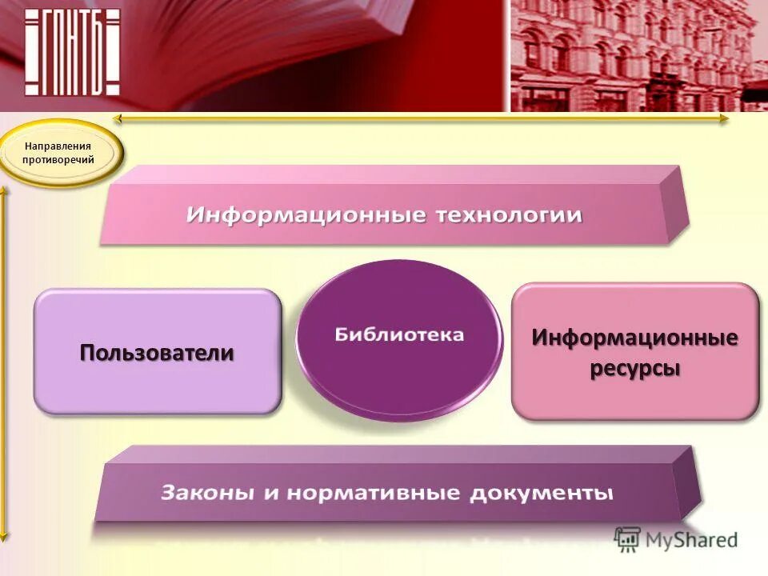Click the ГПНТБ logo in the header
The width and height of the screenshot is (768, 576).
click(x=72, y=52)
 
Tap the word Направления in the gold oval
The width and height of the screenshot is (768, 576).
click(x=58, y=146)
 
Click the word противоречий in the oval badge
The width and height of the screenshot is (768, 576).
click(x=58, y=160)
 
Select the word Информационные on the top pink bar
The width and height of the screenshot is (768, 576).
click(x=306, y=215)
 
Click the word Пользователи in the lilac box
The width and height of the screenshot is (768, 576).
click(x=157, y=352)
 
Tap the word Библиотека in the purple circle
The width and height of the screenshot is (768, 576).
click(x=399, y=334)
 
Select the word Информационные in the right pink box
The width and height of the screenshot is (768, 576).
click(x=635, y=338)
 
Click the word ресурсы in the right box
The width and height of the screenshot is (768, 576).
click(x=635, y=369)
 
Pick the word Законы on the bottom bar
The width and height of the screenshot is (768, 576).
click(x=207, y=491)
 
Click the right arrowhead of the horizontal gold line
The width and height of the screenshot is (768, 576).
click(x=724, y=118)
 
